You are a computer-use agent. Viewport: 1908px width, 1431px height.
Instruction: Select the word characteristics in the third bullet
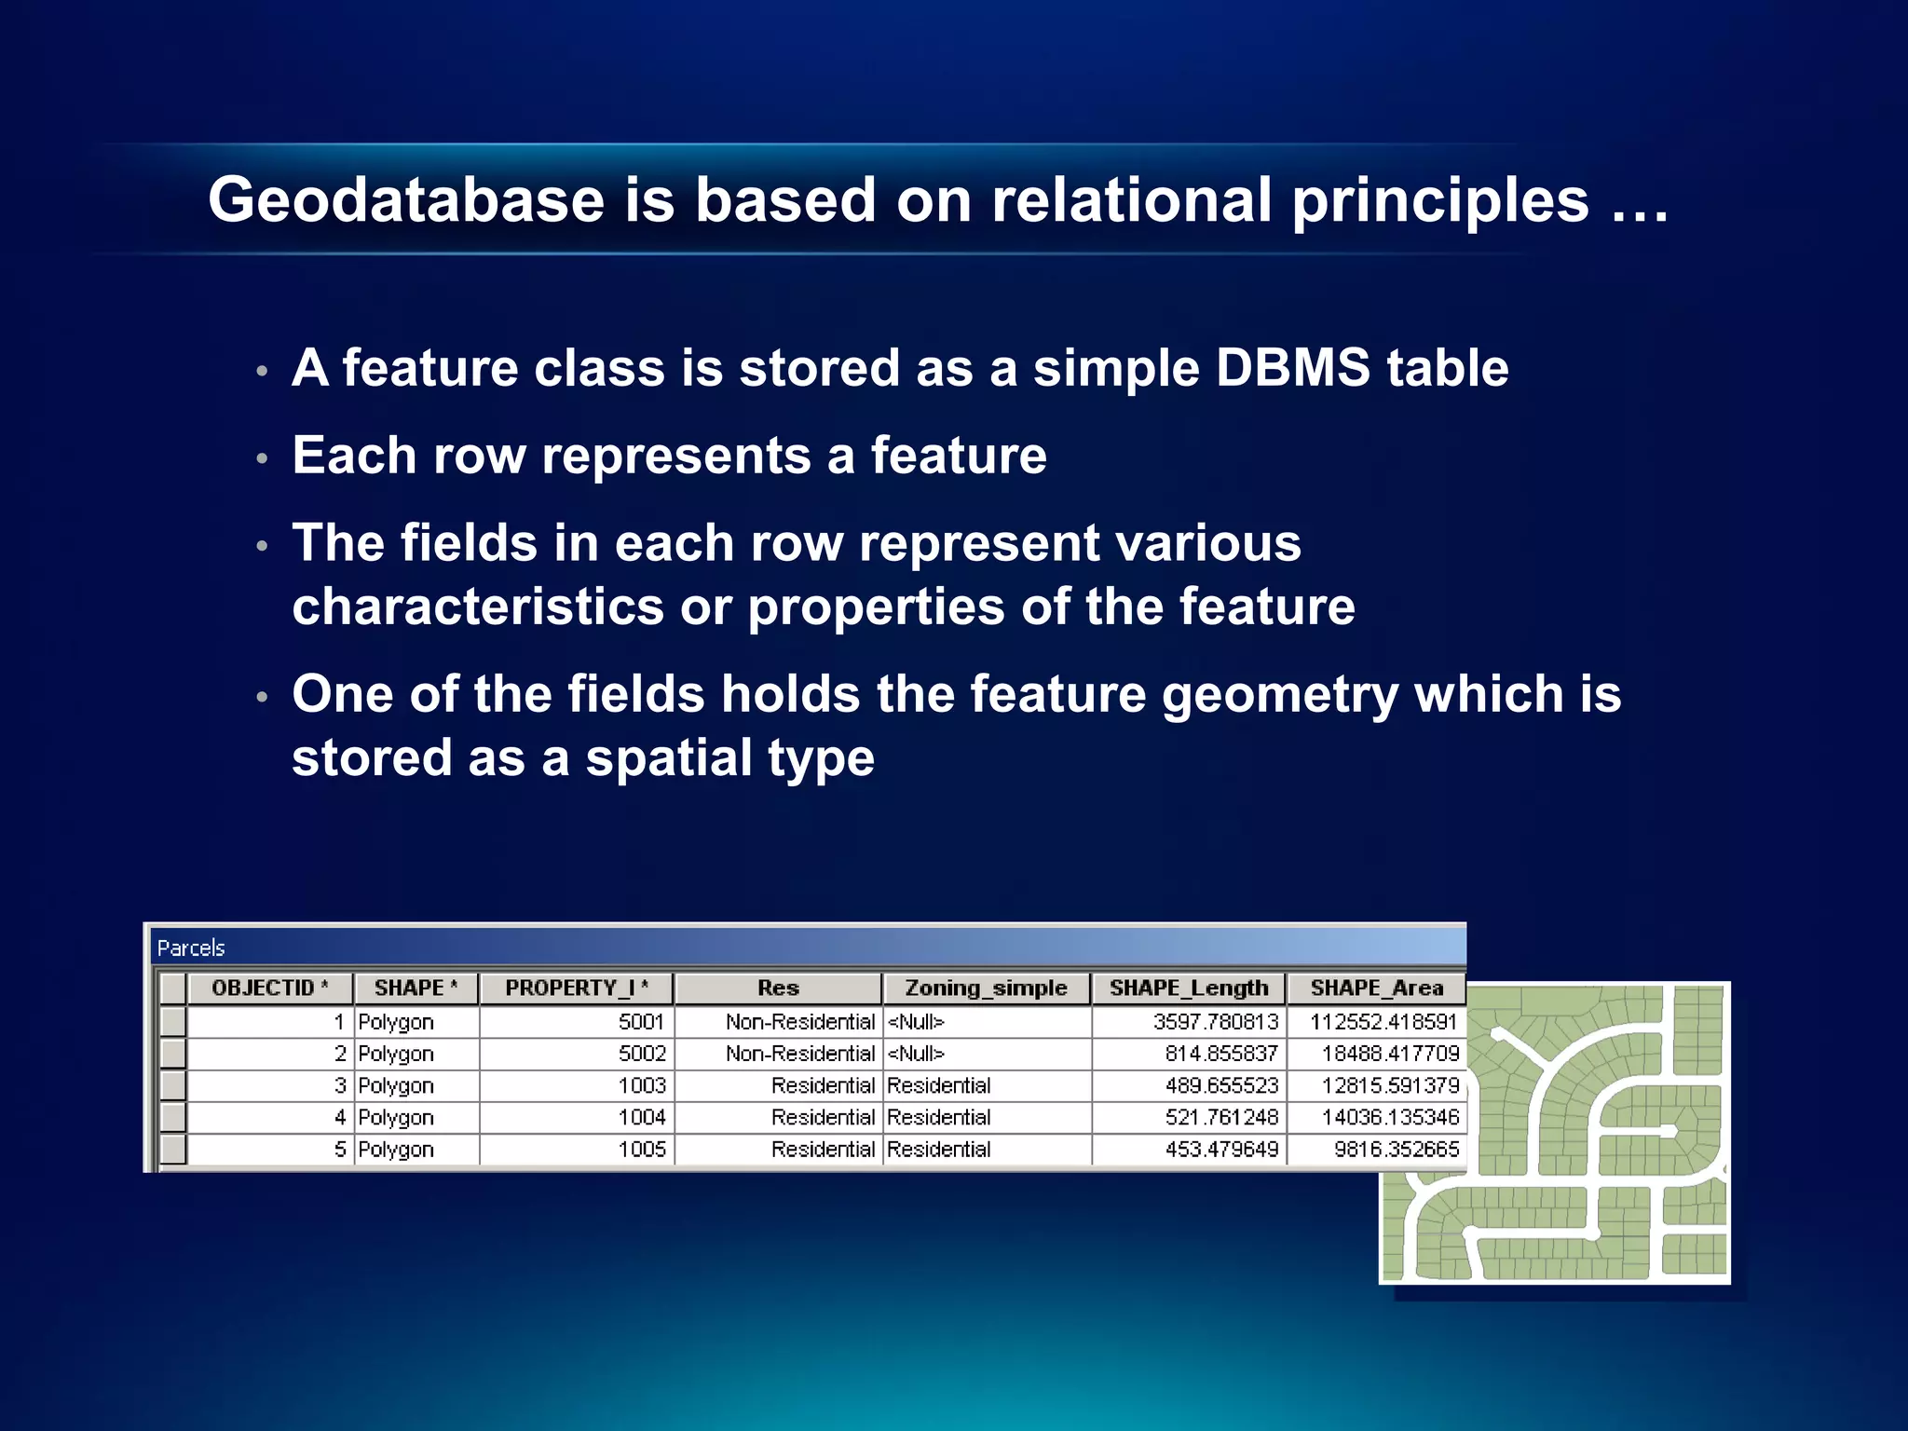tap(477, 607)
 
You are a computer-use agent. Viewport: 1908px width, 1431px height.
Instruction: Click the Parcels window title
tap(191, 948)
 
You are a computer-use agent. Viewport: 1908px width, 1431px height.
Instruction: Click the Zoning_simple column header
tap(986, 988)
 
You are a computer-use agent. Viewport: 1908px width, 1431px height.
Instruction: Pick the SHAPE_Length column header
tap(1188, 988)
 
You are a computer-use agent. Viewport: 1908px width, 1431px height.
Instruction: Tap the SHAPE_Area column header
tap(1376, 988)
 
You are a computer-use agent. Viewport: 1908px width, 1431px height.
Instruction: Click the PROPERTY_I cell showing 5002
tap(642, 1054)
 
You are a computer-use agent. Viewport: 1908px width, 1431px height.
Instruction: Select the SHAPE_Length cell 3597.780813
tap(1216, 1022)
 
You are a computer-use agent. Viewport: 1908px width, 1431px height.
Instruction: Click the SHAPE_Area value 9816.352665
tap(1396, 1150)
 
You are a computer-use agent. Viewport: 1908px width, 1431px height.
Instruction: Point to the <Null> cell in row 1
tap(916, 1022)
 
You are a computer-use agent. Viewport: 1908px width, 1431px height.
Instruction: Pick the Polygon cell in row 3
tap(396, 1086)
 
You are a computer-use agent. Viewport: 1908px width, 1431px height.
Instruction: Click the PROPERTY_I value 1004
tap(642, 1117)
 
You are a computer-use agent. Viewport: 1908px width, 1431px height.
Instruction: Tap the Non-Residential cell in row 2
tap(800, 1054)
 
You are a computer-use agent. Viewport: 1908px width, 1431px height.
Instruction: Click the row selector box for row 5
tap(172, 1149)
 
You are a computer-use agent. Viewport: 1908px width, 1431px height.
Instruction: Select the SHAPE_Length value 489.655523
tap(1221, 1086)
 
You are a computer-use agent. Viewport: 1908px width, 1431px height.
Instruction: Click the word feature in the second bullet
tap(958, 456)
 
